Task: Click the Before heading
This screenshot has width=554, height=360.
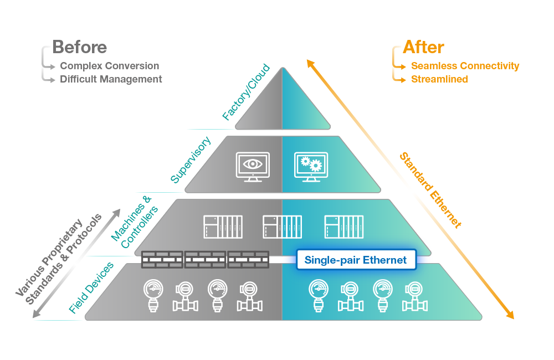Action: pyautogui.click(x=79, y=47)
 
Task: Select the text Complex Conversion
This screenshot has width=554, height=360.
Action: pyautogui.click(x=109, y=66)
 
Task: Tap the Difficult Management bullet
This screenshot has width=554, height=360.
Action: pyautogui.click(x=111, y=79)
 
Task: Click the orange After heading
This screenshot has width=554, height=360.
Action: pyautogui.click(x=423, y=47)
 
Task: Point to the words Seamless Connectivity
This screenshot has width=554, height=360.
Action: pyautogui.click(x=465, y=66)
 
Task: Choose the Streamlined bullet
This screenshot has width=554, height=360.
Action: pyautogui.click(x=439, y=79)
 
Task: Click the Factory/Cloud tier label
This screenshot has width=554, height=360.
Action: pyautogui.click(x=246, y=92)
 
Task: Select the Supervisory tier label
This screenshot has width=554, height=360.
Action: pyautogui.click(x=191, y=160)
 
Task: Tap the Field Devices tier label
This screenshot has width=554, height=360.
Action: pyautogui.click(x=91, y=287)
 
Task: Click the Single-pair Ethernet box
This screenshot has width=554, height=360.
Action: pyautogui.click(x=356, y=260)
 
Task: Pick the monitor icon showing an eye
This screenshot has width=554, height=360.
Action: pyautogui.click(x=253, y=167)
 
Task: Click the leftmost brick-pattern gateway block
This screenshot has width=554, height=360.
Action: pyautogui.click(x=162, y=259)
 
